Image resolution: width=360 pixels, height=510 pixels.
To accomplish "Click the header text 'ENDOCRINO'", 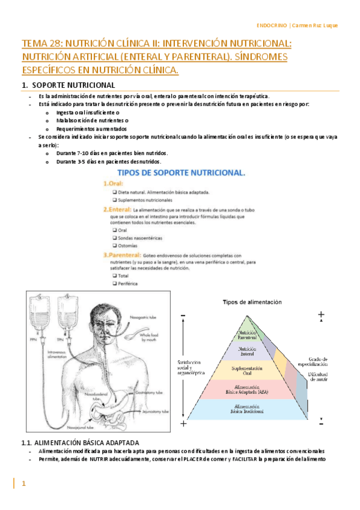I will click(272, 25).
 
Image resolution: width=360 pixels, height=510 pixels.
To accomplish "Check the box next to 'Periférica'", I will click(114, 283).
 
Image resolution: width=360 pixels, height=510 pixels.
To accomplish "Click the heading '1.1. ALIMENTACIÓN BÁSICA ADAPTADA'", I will click(80, 443).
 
